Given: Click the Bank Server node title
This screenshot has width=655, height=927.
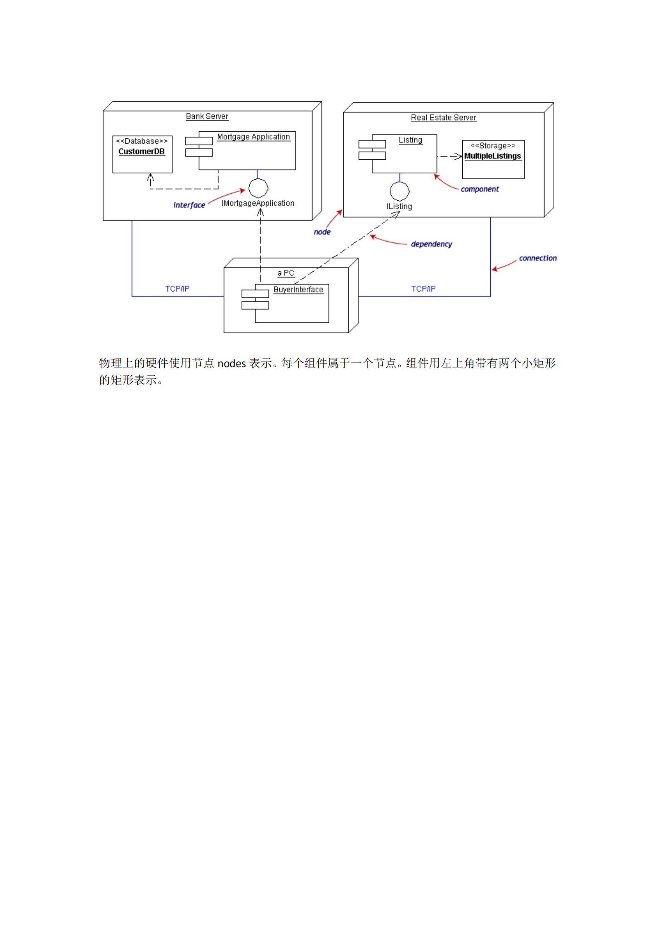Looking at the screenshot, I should (x=207, y=116).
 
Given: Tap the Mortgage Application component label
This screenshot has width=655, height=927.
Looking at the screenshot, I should (x=253, y=137).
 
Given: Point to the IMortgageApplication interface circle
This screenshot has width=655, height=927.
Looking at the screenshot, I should (x=258, y=188).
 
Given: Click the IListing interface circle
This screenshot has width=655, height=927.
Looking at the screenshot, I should (x=400, y=191).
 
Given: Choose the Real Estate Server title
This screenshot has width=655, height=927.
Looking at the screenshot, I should (x=443, y=118).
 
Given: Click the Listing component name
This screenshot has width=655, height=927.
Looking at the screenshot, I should (x=410, y=140).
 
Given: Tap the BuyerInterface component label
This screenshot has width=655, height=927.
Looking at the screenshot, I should (x=298, y=289).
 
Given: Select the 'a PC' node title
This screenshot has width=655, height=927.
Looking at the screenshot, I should (x=286, y=273).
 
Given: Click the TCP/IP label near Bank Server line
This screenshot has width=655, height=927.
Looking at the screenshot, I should (x=177, y=289).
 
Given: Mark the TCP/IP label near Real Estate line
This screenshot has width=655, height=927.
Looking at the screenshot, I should (x=423, y=289).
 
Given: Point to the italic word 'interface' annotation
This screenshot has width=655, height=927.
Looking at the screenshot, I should (x=189, y=205).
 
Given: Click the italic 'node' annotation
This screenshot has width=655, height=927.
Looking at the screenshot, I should (x=322, y=232).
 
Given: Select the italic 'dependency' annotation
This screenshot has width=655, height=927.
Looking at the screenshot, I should (x=431, y=244).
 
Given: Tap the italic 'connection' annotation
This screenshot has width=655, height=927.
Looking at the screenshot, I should (x=537, y=258).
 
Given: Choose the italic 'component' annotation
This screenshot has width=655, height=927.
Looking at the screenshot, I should (x=480, y=189).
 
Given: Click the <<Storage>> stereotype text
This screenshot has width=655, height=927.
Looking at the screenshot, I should (x=493, y=146).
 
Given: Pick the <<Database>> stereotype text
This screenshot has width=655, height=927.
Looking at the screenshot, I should (x=142, y=141).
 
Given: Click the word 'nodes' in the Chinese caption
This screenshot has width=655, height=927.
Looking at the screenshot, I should (x=232, y=363).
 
